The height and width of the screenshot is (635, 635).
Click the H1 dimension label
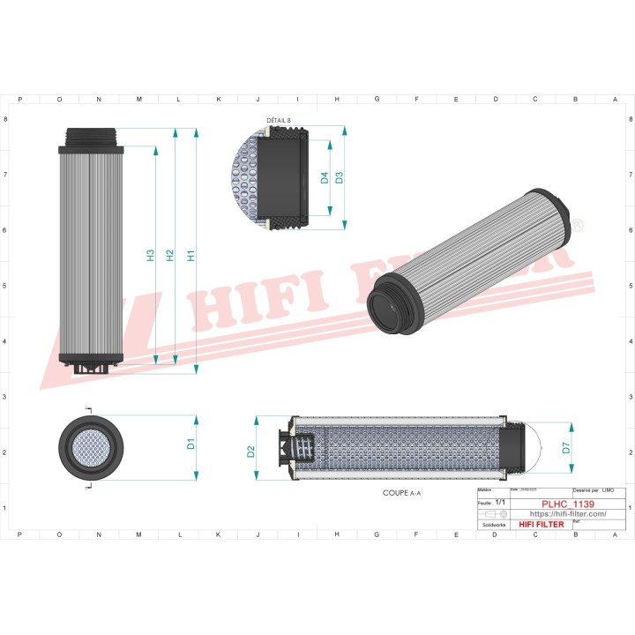pyautogui.click(x=191, y=255)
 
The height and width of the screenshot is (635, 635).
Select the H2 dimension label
pyautogui.click(x=170, y=255)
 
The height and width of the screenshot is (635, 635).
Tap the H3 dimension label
pyautogui.click(x=150, y=255)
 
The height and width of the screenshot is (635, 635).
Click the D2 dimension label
pyautogui.click(x=251, y=452)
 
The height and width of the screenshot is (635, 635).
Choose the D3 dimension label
pyautogui.click(x=339, y=176)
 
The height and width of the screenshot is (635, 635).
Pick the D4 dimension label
pyautogui.click(x=325, y=177)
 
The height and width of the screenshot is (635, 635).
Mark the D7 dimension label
pyautogui.click(x=566, y=447)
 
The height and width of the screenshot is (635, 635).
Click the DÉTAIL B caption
pyautogui.click(x=279, y=119)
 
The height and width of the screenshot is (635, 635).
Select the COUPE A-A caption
pyautogui.click(x=402, y=494)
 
